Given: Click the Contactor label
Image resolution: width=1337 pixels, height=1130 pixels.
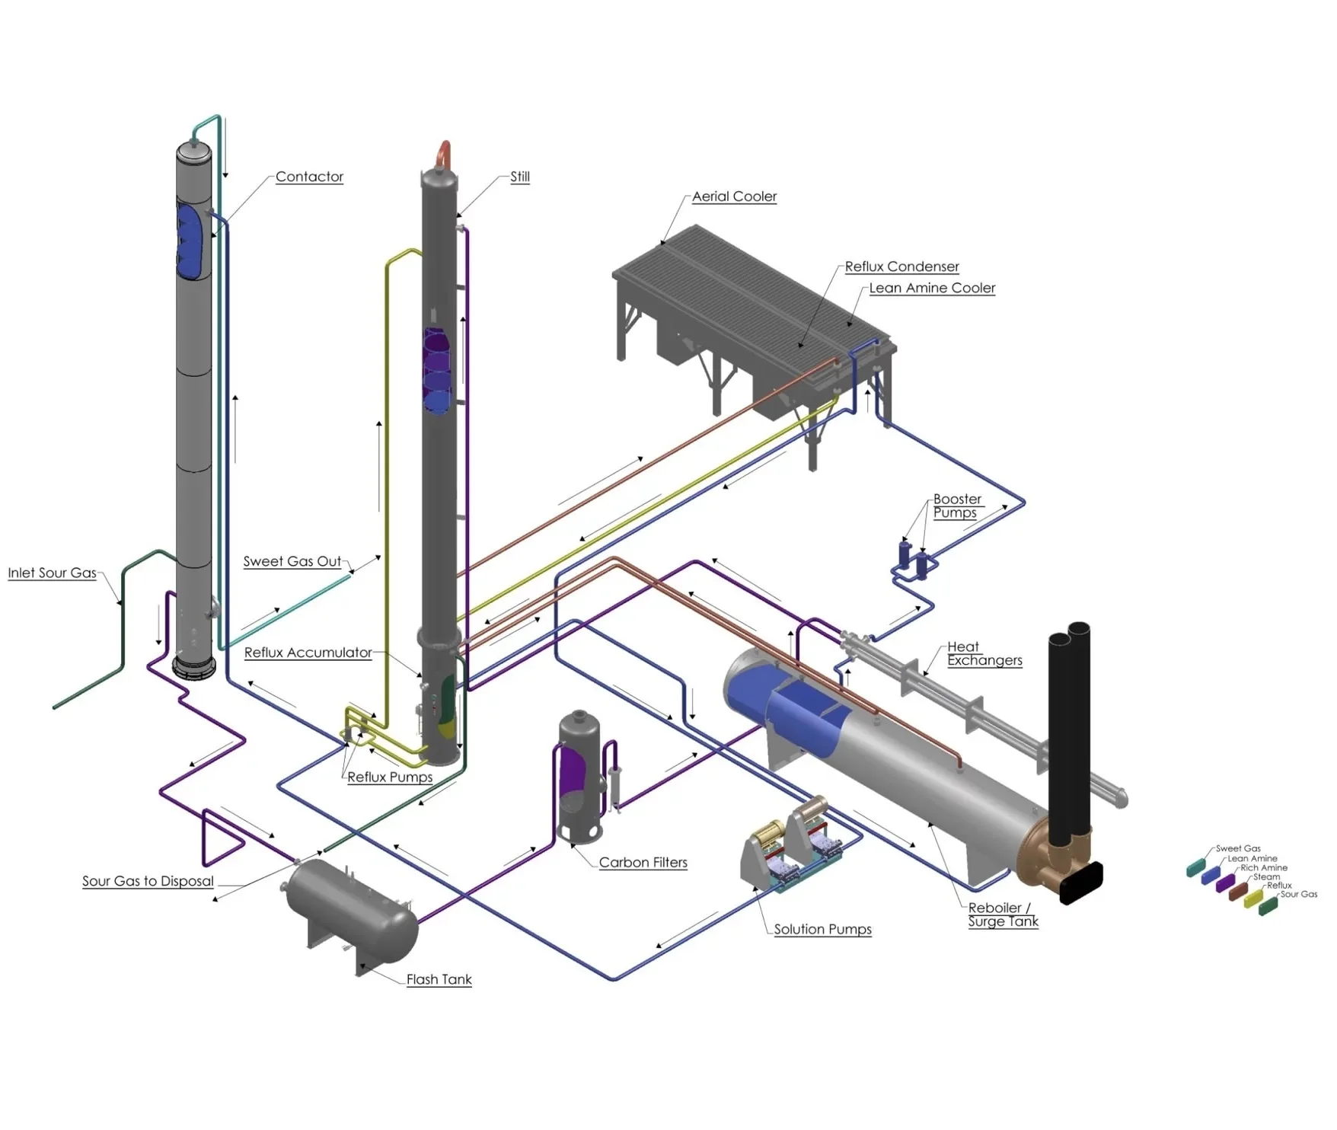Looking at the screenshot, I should point(309,177).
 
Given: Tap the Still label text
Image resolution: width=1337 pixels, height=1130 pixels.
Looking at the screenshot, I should point(520,177).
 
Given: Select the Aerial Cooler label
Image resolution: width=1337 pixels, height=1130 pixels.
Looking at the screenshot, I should point(734,196).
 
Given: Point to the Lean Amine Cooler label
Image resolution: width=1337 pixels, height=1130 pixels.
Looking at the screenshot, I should point(932,288).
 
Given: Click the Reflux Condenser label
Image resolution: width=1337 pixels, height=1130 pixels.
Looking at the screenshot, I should point(901,267).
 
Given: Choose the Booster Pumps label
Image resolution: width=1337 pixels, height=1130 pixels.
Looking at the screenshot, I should point(956,506).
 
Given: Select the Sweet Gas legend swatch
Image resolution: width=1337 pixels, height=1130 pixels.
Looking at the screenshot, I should point(1196,867).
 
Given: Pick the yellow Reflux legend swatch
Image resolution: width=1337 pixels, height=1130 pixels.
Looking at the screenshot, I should point(1253,899).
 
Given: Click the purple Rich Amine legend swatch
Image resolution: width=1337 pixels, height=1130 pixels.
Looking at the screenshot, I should point(1225,883).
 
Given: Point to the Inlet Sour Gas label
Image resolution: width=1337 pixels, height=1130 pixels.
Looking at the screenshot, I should point(52,573).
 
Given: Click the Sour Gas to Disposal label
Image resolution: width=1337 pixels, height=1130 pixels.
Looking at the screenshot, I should point(148,881).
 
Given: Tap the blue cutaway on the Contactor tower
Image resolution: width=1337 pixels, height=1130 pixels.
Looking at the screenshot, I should point(190,240).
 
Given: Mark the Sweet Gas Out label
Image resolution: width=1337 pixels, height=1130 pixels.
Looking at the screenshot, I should point(292,561).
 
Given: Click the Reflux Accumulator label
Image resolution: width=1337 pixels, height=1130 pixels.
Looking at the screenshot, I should point(308,653).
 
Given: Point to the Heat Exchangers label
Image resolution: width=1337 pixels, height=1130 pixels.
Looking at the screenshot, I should point(984,653).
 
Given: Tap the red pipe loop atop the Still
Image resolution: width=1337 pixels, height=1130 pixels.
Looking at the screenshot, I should point(443,152).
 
